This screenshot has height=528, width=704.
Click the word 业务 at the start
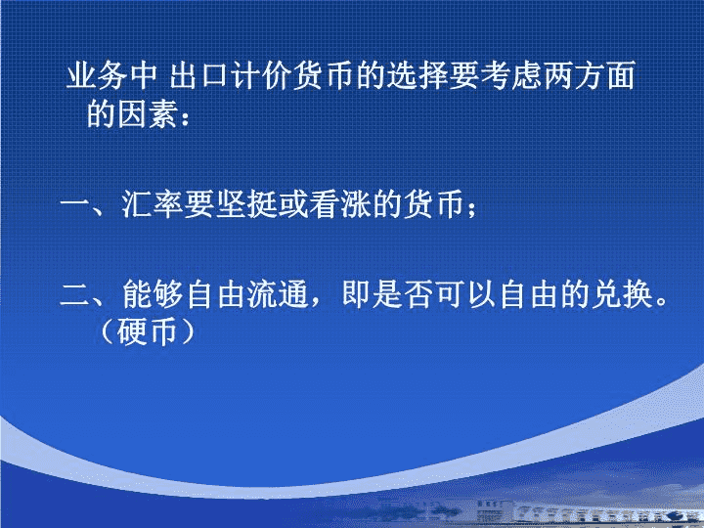tap(97, 75)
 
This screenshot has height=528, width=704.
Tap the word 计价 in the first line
tap(261, 75)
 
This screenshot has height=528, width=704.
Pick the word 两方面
tap(589, 75)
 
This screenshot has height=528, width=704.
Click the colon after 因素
tap(185, 118)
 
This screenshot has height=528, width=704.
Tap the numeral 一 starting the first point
tap(75, 206)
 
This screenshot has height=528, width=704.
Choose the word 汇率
tap(152, 204)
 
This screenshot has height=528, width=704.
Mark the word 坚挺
tap(245, 204)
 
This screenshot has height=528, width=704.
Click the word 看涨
tap(339, 204)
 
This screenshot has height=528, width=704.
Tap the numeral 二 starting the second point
tap(75, 295)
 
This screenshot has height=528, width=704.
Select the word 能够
tap(152, 294)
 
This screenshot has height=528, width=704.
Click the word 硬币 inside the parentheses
tap(147, 332)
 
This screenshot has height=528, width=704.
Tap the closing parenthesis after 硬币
tap(188, 332)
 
